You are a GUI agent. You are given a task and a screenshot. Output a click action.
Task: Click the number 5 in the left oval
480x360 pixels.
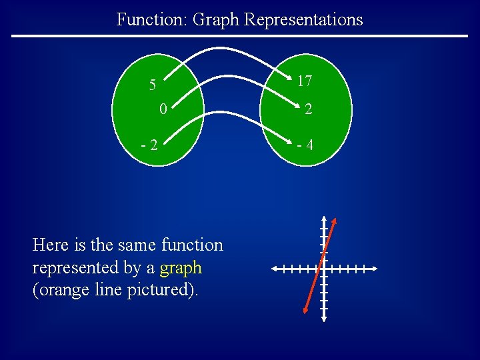click(153, 85)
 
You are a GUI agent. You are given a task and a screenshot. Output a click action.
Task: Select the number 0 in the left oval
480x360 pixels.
click(163, 108)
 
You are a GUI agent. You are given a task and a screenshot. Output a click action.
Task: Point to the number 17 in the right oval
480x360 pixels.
click(305, 81)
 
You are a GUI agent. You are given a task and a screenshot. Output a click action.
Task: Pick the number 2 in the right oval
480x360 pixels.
click(307, 110)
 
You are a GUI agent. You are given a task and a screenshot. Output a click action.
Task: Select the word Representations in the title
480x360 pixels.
click(303, 19)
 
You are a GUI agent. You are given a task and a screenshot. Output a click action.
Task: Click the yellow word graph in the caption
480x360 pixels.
click(181, 268)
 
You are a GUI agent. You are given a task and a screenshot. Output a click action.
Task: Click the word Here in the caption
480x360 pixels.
click(49, 245)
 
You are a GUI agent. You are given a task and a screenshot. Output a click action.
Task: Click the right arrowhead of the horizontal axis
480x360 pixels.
click(375, 269)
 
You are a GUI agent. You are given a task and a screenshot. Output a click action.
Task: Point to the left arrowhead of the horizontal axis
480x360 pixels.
click(275, 269)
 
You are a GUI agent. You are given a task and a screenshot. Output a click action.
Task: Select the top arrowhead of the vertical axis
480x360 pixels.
click(323, 219)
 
